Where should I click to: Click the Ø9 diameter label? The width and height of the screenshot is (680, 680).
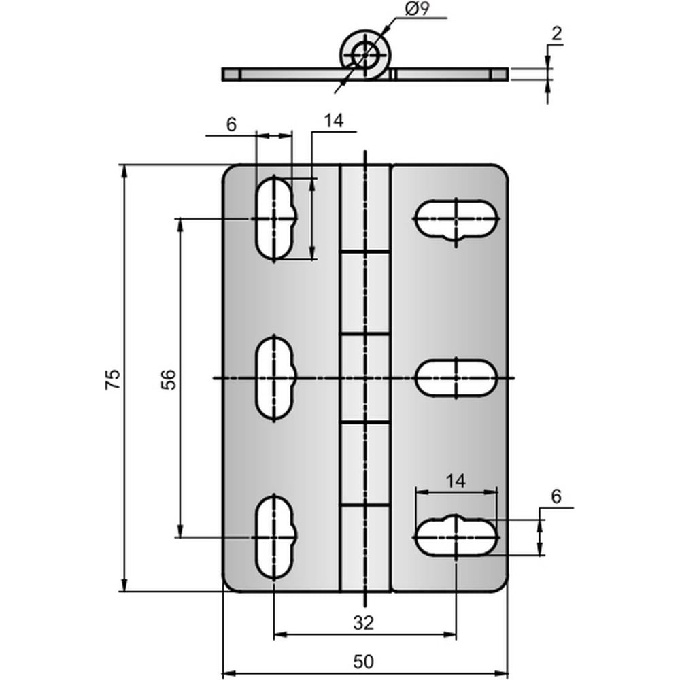pyautogui.click(x=418, y=10)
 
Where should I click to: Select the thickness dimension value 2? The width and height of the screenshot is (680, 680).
pyautogui.click(x=556, y=34)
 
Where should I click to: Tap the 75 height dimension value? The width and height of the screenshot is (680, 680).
pyautogui.click(x=113, y=379)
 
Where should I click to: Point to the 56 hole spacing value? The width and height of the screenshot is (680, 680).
pyautogui.click(x=169, y=379)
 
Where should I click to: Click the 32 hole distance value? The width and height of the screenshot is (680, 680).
pyautogui.click(x=363, y=623)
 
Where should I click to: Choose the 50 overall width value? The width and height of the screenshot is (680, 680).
pyautogui.click(x=363, y=662)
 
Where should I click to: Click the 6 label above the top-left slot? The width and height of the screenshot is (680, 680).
pyautogui.click(x=231, y=125)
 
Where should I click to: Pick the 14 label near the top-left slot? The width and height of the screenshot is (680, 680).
pyautogui.click(x=333, y=121)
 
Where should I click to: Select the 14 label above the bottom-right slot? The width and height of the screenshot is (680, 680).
pyautogui.click(x=456, y=481)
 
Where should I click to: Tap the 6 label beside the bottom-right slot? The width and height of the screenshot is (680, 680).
pyautogui.click(x=556, y=496)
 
